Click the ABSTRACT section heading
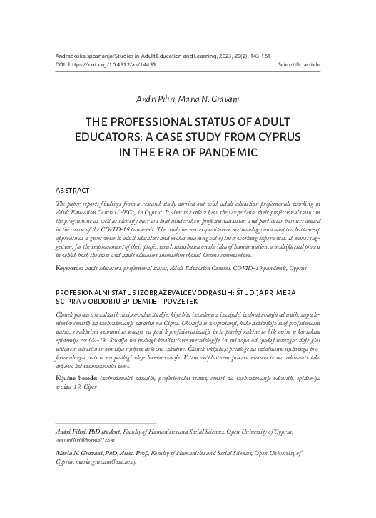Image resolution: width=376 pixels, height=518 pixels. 74,192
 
